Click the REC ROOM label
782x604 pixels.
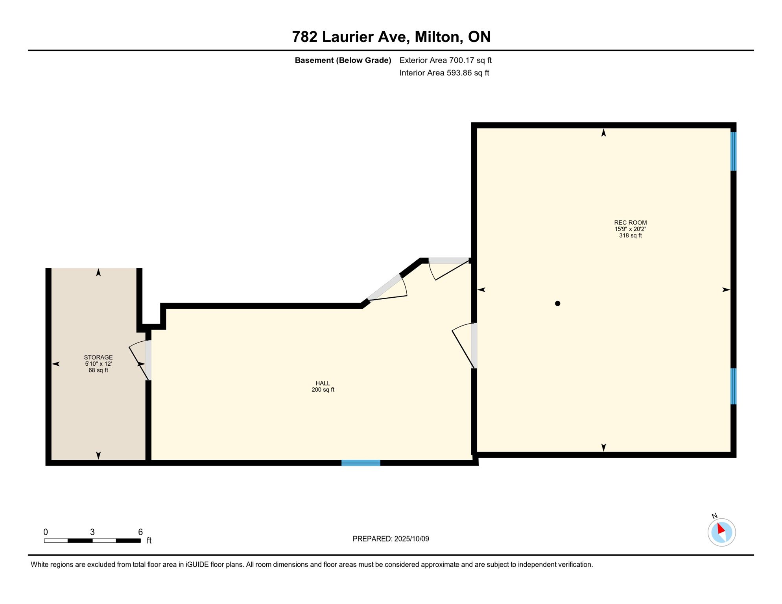pyautogui.click(x=630, y=223)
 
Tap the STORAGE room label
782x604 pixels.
pyautogui.click(x=98, y=357)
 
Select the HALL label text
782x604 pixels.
pyautogui.click(x=323, y=383)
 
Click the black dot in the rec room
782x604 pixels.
pyautogui.click(x=557, y=304)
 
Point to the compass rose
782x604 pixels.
pyautogui.click(x=721, y=532)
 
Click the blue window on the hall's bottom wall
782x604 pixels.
pyautogui.click(x=361, y=463)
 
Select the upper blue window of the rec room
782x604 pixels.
pyautogui.click(x=733, y=151)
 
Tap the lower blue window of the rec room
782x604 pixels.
pyautogui.click(x=733, y=386)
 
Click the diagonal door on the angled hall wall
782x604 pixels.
pyautogui.click(x=387, y=289)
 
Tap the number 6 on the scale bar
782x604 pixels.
pyautogui.click(x=140, y=532)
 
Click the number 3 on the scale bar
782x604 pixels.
pyautogui.click(x=92, y=532)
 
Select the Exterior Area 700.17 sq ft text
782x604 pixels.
pyautogui.click(x=445, y=60)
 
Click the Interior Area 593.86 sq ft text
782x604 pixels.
pyautogui.click(x=444, y=73)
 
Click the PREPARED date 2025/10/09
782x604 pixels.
pyautogui.click(x=410, y=539)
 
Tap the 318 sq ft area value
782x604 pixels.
pyautogui.click(x=630, y=236)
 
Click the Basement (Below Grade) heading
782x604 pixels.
pyautogui.click(x=343, y=60)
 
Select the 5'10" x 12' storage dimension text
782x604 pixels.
pyautogui.click(x=98, y=364)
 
